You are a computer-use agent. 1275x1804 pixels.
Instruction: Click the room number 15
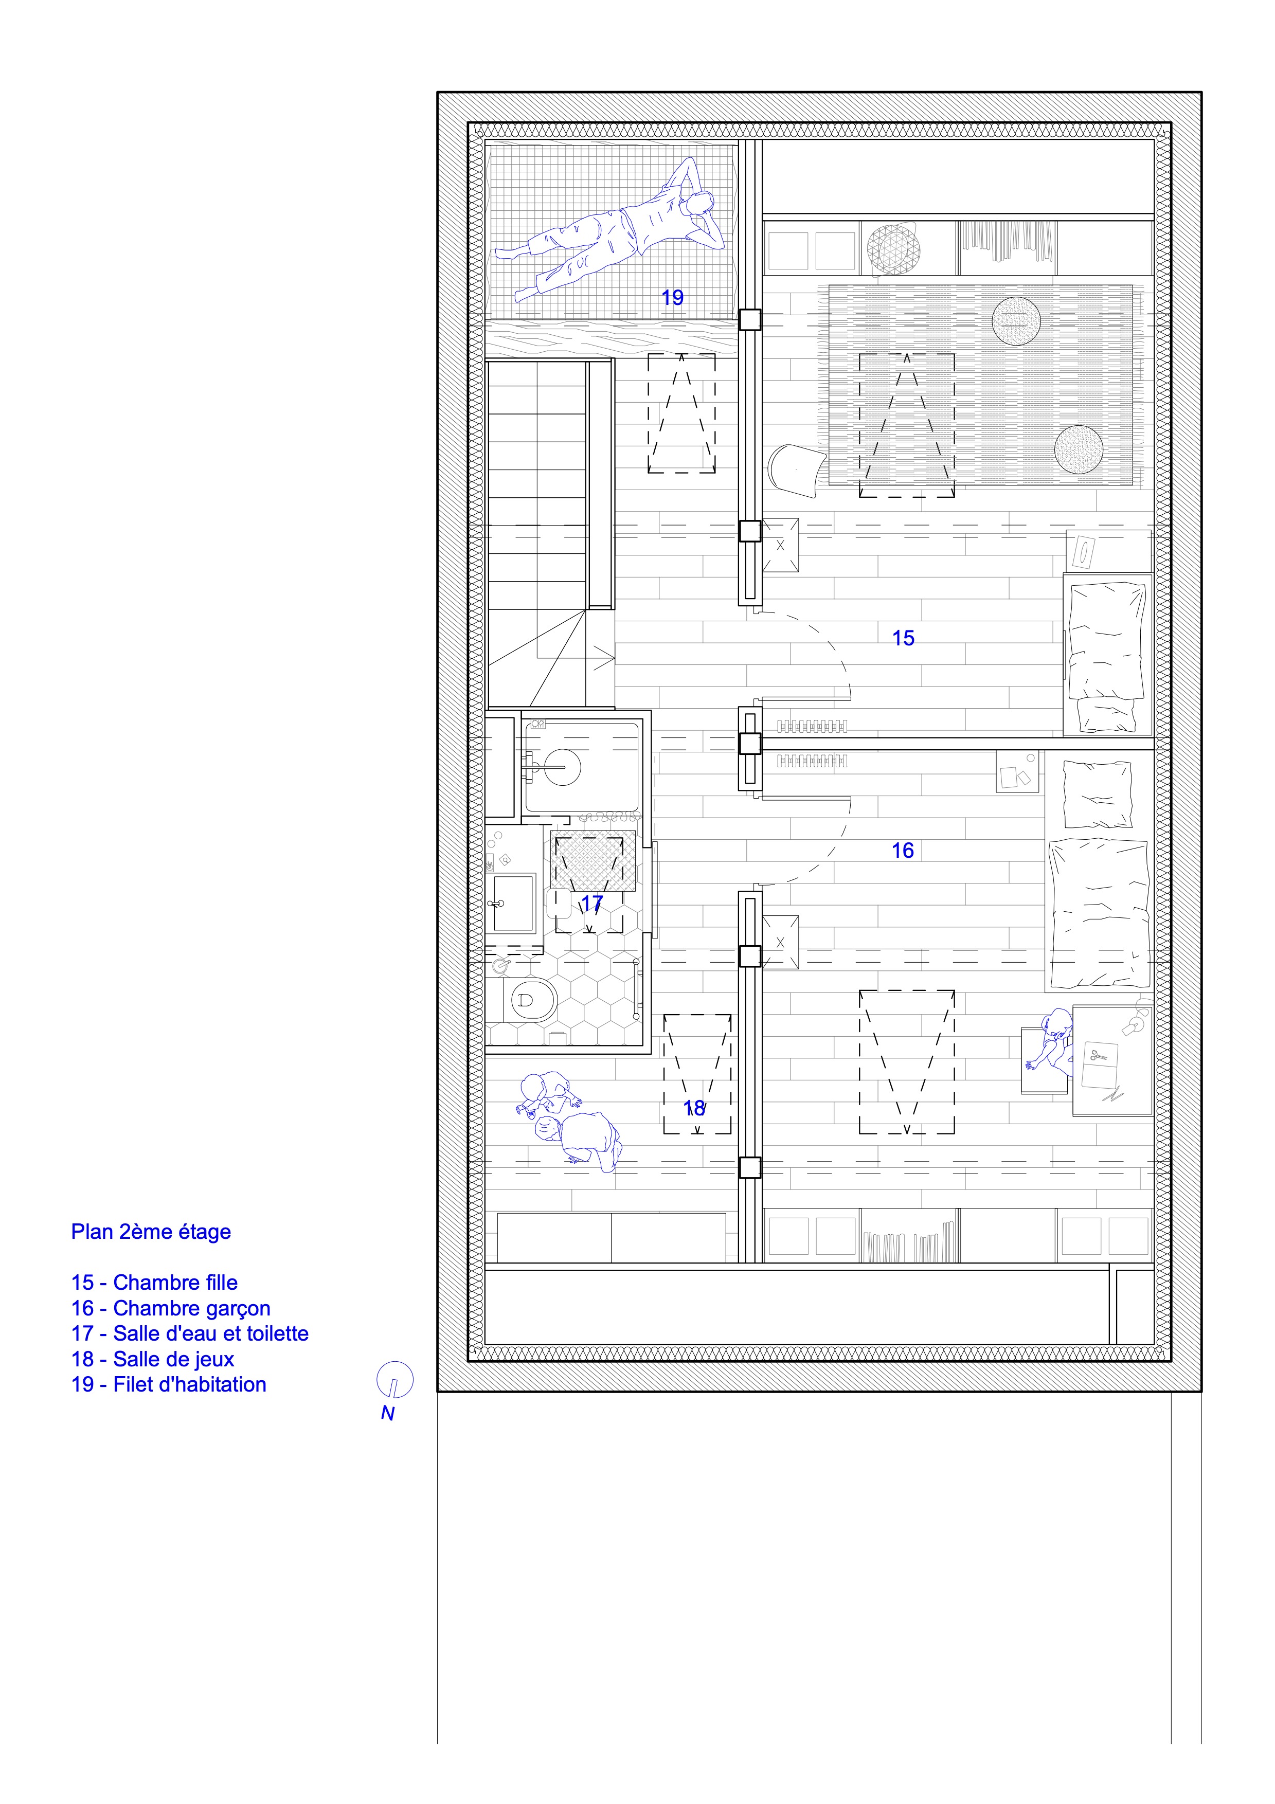point(904,638)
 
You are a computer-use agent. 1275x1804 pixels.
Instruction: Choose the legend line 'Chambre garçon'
point(192,1308)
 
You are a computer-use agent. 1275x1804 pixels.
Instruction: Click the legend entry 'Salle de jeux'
point(174,1359)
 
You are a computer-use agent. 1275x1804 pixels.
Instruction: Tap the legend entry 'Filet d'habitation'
point(189,1384)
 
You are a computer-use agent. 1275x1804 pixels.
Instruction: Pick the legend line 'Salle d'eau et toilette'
point(210,1333)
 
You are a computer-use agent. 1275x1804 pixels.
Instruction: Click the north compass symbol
point(395,1380)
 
